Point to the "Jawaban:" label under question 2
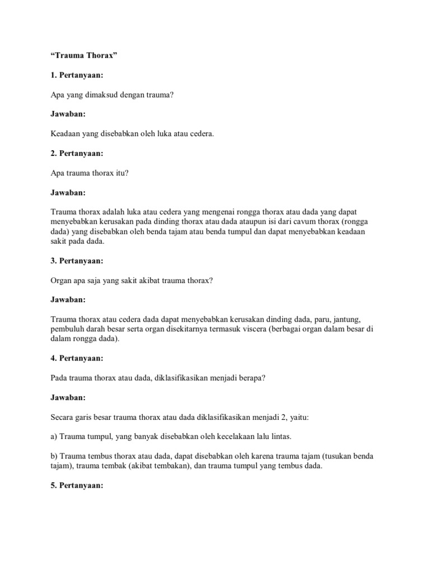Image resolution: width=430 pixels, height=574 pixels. [68, 192]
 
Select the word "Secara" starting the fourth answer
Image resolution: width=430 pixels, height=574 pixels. [62, 417]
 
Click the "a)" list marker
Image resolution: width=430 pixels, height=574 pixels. [54, 436]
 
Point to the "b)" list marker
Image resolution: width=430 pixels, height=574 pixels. [54, 456]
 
